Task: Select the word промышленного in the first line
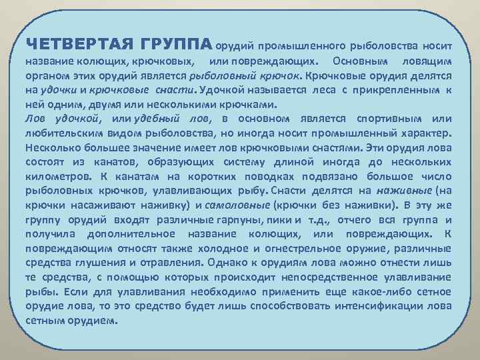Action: tap(301, 46)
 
